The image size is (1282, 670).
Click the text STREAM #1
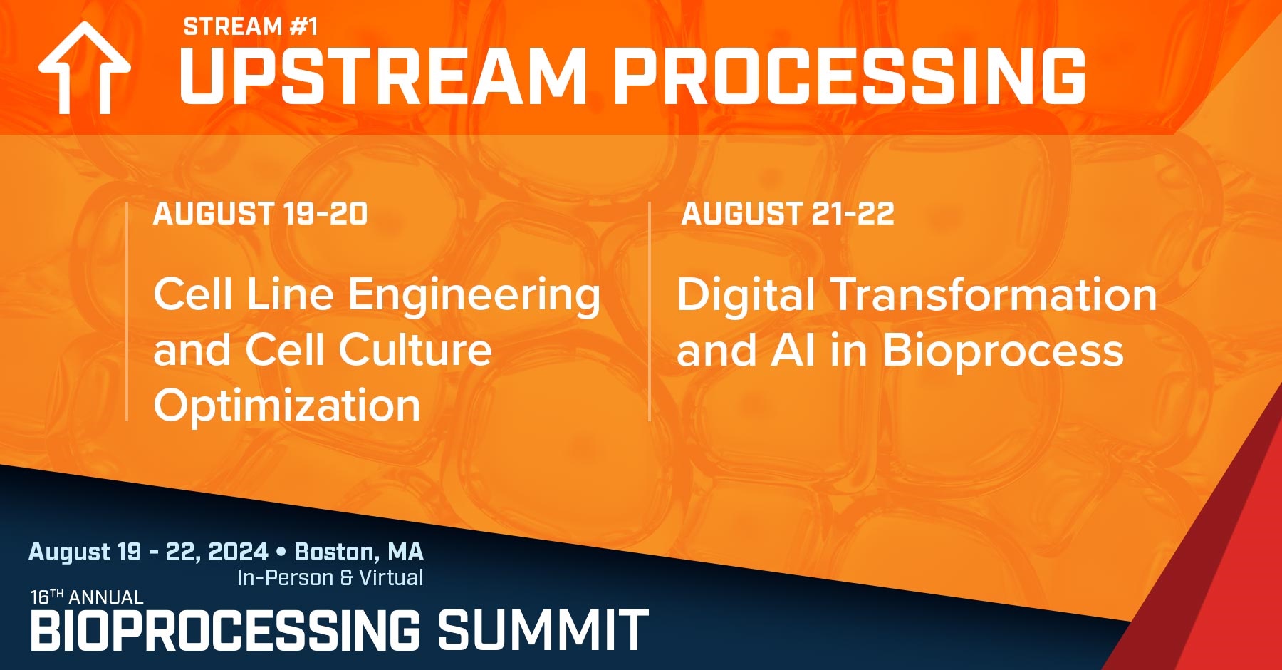pyautogui.click(x=251, y=27)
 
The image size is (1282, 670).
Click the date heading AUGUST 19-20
pyautogui.click(x=260, y=214)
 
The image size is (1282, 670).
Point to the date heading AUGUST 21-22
pyautogui.click(x=787, y=214)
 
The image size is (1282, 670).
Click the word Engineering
pyautogui.click(x=474, y=296)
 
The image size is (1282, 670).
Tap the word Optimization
pyautogui.click(x=287, y=406)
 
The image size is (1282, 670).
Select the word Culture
pyautogui.click(x=415, y=350)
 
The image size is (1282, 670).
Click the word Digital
pyautogui.click(x=746, y=296)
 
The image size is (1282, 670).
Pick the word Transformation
pyautogui.click(x=994, y=294)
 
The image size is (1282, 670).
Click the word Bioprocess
pyautogui.click(x=1003, y=351)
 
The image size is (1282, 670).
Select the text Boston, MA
pyautogui.click(x=359, y=552)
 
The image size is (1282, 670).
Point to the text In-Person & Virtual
pyautogui.click(x=330, y=577)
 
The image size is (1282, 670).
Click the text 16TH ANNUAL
pyautogui.click(x=87, y=597)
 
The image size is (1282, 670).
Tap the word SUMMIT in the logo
pyautogui.click(x=543, y=630)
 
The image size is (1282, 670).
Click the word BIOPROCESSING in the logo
pyautogui.click(x=225, y=630)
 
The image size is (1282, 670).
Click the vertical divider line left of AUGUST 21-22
pyautogui.click(x=650, y=311)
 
